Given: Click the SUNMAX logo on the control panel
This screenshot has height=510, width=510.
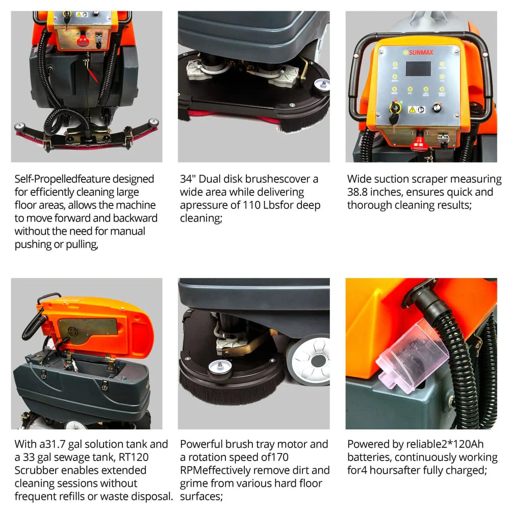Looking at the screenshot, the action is click(418, 53).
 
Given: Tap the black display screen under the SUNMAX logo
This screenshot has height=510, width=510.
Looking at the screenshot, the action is click(418, 69).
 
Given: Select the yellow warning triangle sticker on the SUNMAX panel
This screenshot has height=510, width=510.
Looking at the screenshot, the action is click(412, 110).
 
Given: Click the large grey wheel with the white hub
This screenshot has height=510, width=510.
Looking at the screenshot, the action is click(310, 360).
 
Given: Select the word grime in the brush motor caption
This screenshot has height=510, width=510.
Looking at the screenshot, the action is click(194, 484).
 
